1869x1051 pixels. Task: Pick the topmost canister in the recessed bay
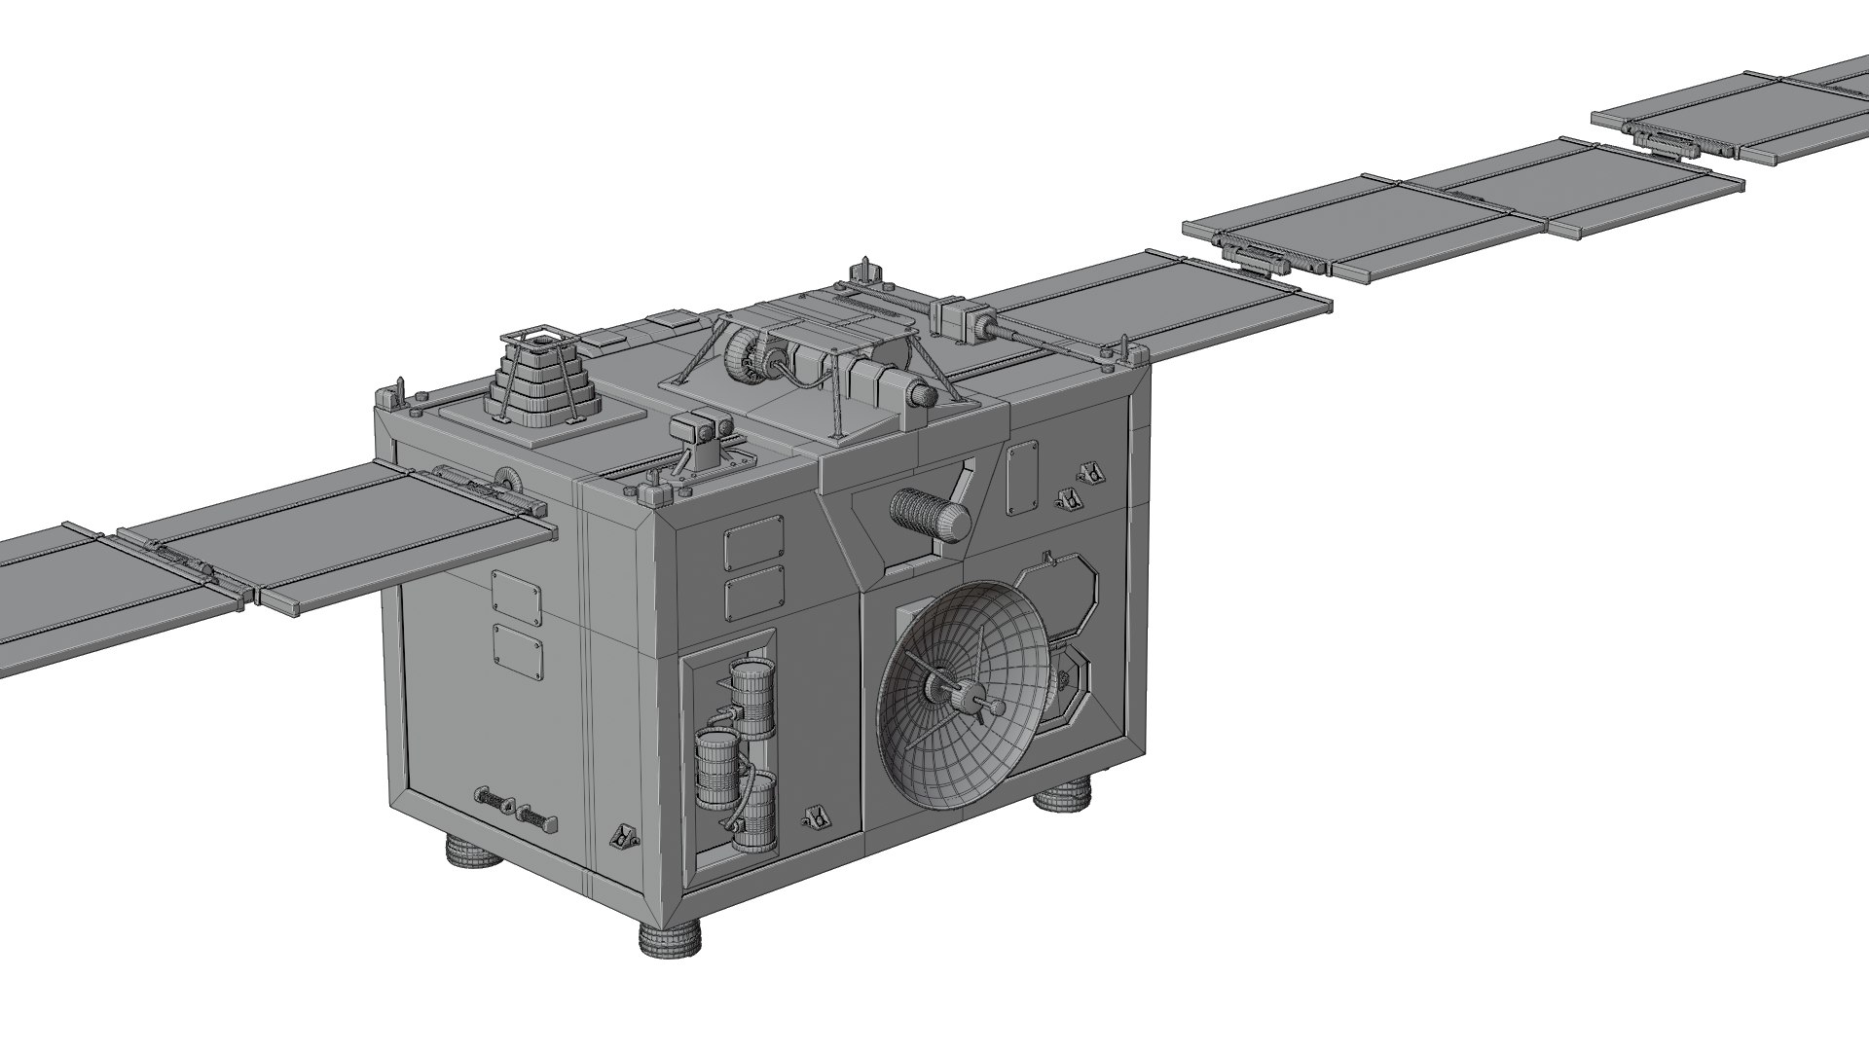(752, 695)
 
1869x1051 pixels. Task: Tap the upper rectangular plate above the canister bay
(753, 549)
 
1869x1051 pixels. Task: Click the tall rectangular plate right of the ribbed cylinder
(1022, 478)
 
